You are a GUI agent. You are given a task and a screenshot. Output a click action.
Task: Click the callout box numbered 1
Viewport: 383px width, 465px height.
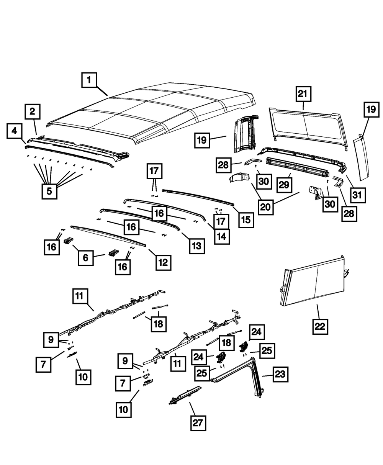pyautogui.click(x=89, y=81)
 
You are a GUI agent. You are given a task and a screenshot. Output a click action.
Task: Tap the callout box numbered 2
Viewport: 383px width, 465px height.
pyautogui.click(x=33, y=112)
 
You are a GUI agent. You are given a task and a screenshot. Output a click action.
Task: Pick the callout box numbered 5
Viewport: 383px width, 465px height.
pyautogui.click(x=49, y=191)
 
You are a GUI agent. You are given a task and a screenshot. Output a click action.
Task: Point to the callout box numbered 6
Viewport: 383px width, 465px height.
pyautogui.click(x=86, y=258)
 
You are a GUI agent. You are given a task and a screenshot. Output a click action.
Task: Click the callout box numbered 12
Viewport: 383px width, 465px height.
pyautogui.click(x=163, y=262)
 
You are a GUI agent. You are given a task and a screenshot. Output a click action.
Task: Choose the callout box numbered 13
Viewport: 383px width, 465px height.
pyautogui.click(x=196, y=245)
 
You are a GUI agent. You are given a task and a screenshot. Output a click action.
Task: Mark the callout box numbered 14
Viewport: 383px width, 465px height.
pyautogui.click(x=222, y=237)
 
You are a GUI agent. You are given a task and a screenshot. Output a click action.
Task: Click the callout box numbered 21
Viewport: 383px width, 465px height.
pyautogui.click(x=303, y=94)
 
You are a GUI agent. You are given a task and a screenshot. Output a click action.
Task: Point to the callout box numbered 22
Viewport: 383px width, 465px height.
pyautogui.click(x=320, y=326)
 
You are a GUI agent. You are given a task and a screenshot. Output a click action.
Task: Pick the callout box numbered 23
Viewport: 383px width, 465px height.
pyautogui.click(x=280, y=374)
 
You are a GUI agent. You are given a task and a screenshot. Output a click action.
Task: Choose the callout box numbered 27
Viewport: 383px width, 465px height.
pyautogui.click(x=198, y=424)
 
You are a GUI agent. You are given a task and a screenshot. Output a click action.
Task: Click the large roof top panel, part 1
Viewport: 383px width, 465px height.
pyautogui.click(x=153, y=115)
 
